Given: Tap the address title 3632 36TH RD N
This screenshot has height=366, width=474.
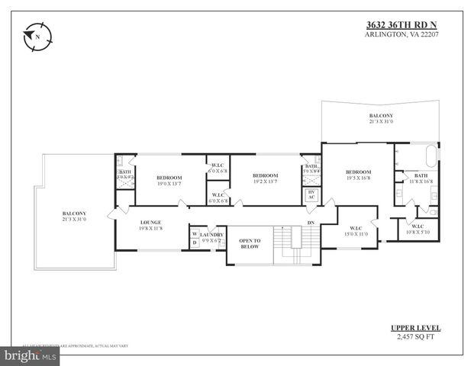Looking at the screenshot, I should [x=401, y=24].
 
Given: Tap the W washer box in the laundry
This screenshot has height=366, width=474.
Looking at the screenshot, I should [x=195, y=233].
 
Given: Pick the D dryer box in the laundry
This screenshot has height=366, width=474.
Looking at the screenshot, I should [x=195, y=242].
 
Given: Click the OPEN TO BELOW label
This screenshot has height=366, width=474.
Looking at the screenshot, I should [x=250, y=243].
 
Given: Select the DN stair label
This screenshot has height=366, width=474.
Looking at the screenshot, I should [x=311, y=223].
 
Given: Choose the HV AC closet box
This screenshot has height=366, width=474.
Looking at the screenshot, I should [x=311, y=195].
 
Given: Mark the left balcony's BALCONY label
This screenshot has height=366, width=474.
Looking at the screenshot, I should [x=74, y=213].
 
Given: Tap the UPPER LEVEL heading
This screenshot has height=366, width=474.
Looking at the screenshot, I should [x=415, y=328].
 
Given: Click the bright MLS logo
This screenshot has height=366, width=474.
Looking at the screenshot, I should [x=31, y=355].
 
